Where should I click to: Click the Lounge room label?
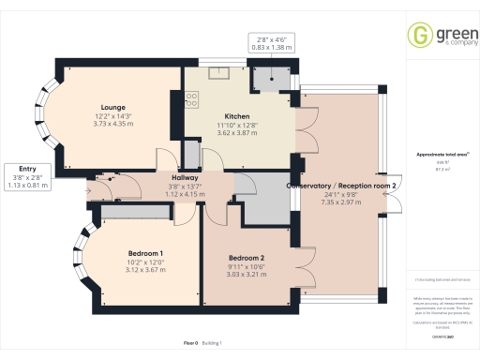click(x=115, y=107)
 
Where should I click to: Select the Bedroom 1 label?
click(x=145, y=253)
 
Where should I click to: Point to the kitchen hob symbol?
click(x=191, y=97)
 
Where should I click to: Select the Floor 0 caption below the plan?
click(x=190, y=343)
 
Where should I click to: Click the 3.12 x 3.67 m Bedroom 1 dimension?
click(x=145, y=270)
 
